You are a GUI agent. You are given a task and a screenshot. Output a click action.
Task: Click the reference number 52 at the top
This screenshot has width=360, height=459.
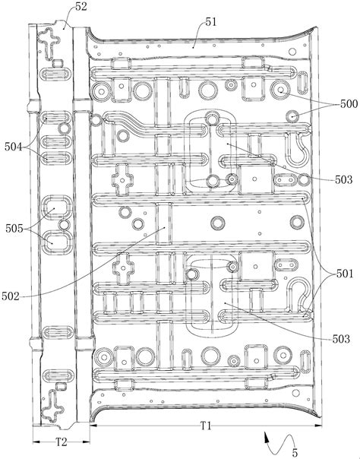tap(81, 6)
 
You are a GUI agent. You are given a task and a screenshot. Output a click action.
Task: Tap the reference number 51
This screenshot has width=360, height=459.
tap(210, 22)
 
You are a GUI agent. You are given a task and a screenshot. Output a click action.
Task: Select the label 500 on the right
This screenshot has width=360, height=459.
tap(349, 103)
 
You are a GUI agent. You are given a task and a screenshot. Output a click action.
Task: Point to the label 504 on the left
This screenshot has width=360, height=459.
tap(13, 147)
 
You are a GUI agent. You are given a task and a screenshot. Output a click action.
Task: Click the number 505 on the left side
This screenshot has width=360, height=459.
tap(14, 229)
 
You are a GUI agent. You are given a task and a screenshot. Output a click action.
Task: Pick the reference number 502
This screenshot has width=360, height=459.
tap(11, 296)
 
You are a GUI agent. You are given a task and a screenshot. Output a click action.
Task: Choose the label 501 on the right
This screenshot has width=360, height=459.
tap(345, 274)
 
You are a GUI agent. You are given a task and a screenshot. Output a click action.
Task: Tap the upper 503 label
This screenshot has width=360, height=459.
tap(343, 179)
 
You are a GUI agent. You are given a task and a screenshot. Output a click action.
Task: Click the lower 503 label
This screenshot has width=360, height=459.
tap(341, 339)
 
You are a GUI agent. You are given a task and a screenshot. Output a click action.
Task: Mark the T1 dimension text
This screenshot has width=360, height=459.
tap(206, 426)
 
